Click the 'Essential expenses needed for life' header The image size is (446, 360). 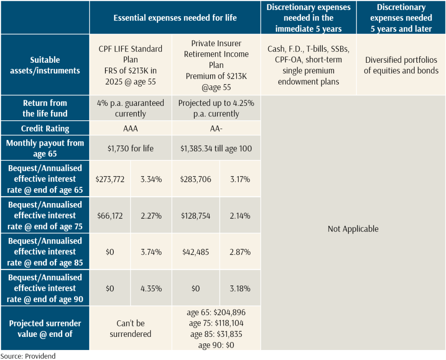[x=175, y=18]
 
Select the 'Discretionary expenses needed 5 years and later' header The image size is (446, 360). [x=401, y=18]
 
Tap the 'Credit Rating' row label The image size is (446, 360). [x=45, y=129]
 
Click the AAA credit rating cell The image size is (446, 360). [x=131, y=129]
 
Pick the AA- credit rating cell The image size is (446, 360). [x=216, y=129]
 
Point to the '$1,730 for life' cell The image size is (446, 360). [x=131, y=149]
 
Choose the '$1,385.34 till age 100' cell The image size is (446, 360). [x=216, y=149]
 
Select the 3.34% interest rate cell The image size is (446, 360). [x=151, y=179]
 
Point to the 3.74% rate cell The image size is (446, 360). [x=151, y=252]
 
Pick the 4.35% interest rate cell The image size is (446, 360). [x=151, y=288]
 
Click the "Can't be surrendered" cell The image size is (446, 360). [x=131, y=329]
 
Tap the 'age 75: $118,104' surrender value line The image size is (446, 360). [x=216, y=323]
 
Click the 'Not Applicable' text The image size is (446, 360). [x=353, y=229]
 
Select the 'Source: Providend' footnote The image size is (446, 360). [x=28, y=356]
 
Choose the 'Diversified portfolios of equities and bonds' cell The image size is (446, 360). [x=401, y=65]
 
